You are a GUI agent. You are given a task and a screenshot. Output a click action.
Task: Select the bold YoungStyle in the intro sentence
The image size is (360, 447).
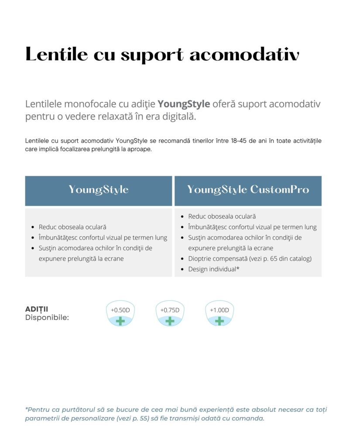[184, 104]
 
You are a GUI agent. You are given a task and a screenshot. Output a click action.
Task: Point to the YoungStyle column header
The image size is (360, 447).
[99, 189]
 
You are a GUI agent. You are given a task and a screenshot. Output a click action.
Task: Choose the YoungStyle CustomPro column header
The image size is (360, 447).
[248, 189]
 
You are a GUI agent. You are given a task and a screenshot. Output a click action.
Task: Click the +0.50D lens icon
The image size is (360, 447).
[120, 314]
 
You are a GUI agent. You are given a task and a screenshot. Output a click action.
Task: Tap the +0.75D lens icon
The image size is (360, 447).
[170, 314]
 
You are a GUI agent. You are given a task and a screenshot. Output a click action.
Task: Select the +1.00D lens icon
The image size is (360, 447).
[219, 314]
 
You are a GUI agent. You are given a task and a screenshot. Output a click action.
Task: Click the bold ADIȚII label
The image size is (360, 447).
[37, 309]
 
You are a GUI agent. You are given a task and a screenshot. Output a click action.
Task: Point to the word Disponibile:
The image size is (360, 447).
[47, 317]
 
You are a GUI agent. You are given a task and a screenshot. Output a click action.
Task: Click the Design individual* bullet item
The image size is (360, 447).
[214, 269]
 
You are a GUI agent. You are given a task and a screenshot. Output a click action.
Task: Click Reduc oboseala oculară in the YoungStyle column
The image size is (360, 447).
[72, 227]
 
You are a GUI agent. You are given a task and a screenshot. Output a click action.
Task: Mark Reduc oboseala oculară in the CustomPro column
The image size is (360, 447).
[222, 216]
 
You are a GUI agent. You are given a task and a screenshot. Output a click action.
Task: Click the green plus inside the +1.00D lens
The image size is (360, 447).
[219, 321]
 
